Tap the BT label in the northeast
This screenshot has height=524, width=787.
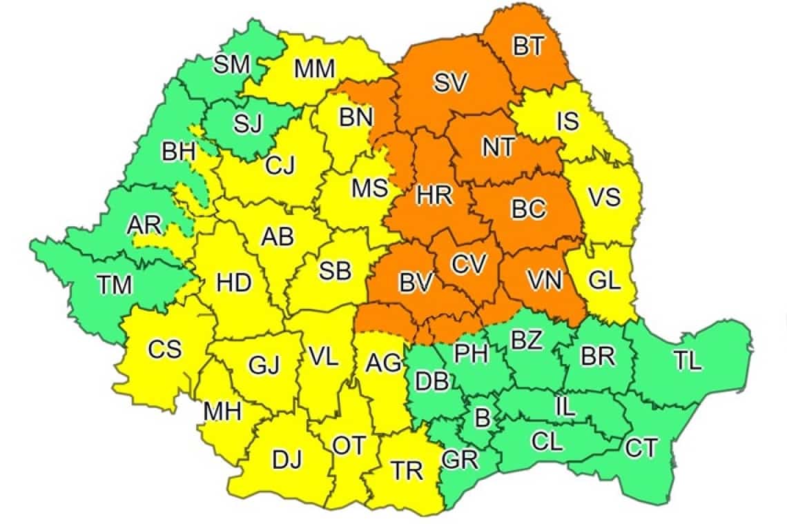point(529,47)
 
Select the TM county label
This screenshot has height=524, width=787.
point(114,284)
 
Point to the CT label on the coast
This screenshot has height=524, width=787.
point(641,449)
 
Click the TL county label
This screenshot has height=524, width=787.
point(688,361)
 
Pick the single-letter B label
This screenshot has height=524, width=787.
point(483,416)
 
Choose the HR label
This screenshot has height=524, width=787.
point(434,195)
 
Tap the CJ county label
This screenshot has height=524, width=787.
point(280,165)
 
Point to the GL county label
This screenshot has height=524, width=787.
point(605,280)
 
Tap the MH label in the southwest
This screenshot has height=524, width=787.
point(222,412)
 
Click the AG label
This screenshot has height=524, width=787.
point(384,363)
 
